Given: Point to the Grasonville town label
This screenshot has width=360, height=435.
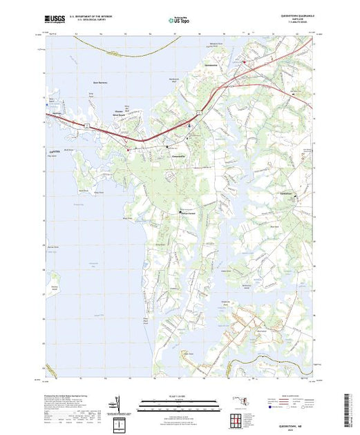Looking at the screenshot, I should (x=179, y=157).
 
